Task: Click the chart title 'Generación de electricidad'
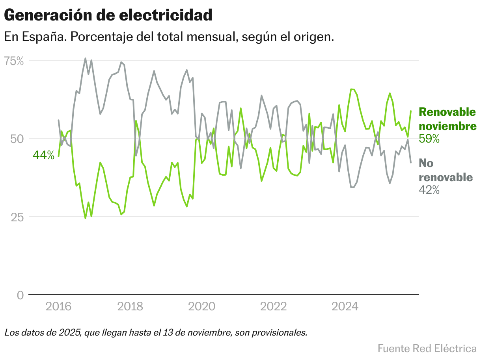[108, 15]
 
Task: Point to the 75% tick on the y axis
[14, 61]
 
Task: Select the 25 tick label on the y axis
[16, 217]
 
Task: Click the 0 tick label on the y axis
[20, 295]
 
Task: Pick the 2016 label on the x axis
[59, 306]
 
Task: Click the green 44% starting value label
[43, 155]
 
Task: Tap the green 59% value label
[429, 139]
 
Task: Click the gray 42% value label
[429, 190]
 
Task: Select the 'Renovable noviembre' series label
[447, 119]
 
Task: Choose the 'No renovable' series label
[446, 170]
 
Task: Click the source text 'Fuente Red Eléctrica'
[427, 349]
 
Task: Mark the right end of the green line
[411, 111]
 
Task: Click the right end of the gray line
[411, 162]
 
